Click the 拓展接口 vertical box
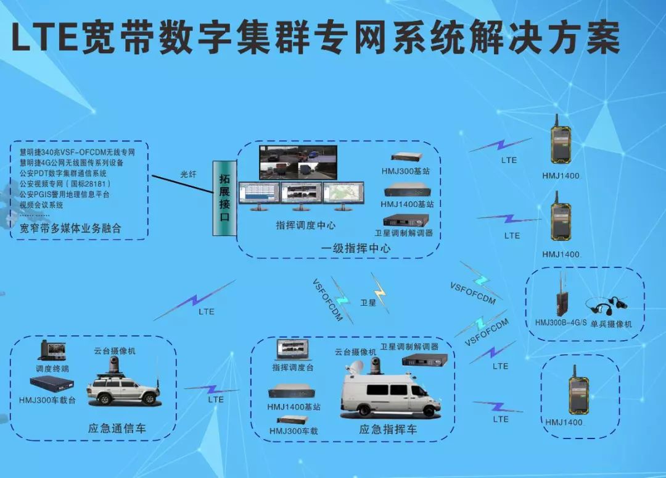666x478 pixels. coord(224,198)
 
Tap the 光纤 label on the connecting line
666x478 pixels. coord(189,174)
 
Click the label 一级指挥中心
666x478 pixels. coord(355,248)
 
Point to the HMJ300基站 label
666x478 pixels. coord(406,171)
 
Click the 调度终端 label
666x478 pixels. coord(52,369)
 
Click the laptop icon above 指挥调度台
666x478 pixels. coord(293,351)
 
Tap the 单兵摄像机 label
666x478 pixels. coord(611,324)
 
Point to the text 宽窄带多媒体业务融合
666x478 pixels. coord(70,229)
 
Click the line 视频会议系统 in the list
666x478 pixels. coord(41,204)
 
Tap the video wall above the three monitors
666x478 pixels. coord(298,162)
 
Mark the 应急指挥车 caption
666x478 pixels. coord(388,429)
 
